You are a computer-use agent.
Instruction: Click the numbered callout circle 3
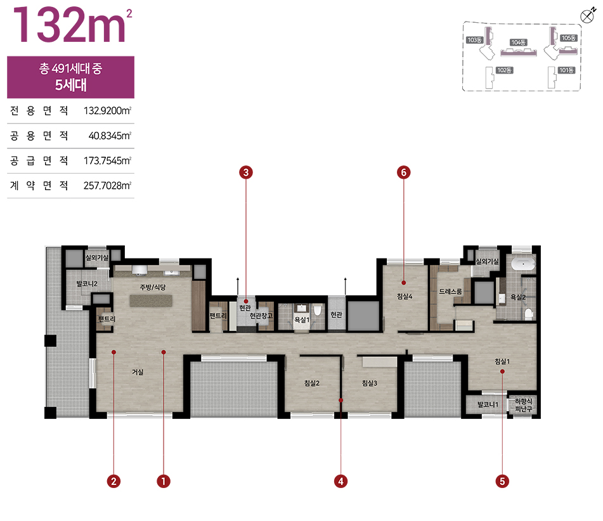(x=246, y=172)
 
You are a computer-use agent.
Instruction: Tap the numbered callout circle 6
(x=404, y=172)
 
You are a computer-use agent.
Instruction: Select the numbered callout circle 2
(x=113, y=481)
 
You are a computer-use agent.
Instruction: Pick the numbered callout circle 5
(x=502, y=481)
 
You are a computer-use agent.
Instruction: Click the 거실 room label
(x=138, y=372)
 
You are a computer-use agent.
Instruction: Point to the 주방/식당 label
(x=153, y=287)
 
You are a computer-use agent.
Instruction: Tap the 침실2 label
(x=312, y=383)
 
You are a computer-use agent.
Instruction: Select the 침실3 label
(x=370, y=383)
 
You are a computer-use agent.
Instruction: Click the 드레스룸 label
(x=450, y=292)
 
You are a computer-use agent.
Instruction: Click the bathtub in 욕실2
(x=523, y=264)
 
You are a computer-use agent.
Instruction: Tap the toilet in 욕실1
(x=317, y=310)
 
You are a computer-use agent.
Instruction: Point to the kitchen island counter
(x=151, y=300)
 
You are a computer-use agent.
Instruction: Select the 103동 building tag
(x=474, y=40)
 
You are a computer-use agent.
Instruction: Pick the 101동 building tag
(x=567, y=70)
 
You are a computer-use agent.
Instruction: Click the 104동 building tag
(x=519, y=42)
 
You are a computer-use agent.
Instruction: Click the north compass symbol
(x=588, y=16)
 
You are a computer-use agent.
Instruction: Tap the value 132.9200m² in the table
(x=108, y=111)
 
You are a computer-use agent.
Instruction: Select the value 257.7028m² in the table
(x=108, y=186)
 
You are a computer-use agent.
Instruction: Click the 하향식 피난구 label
(x=524, y=405)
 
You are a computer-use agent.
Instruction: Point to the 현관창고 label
(x=261, y=316)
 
